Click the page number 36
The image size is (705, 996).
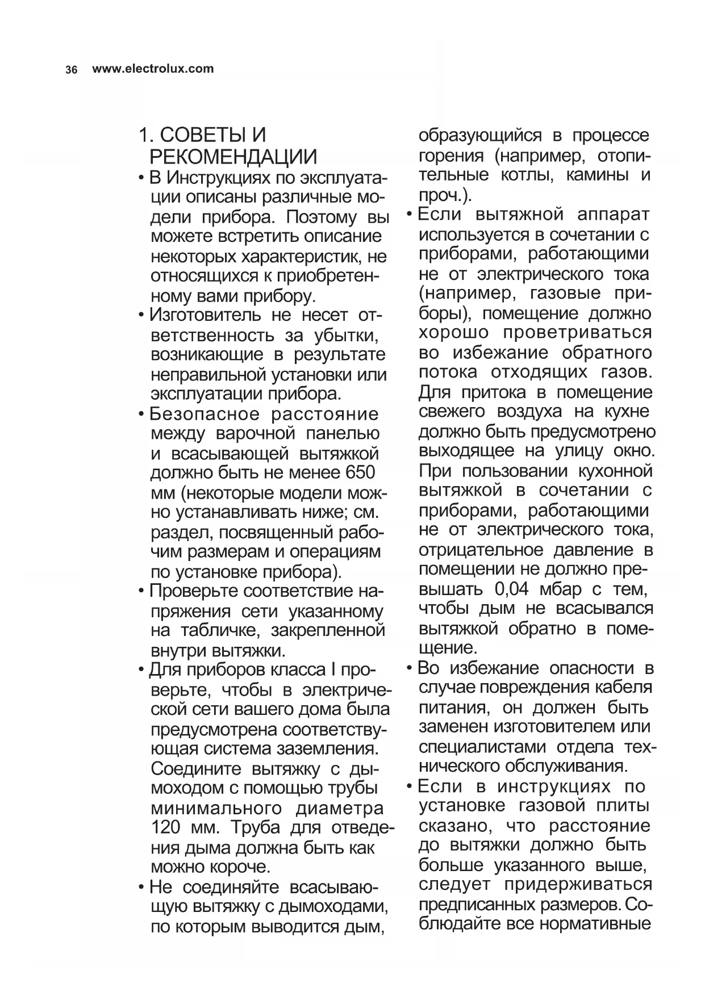(x=71, y=70)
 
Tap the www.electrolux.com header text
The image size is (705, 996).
(x=153, y=69)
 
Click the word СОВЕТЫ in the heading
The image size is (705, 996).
(x=203, y=136)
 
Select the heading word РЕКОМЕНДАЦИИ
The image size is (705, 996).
(x=233, y=157)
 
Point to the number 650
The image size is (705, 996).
(x=360, y=472)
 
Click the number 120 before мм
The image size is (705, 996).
(x=166, y=827)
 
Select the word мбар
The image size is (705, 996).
(x=559, y=589)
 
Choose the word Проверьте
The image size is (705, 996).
(x=194, y=591)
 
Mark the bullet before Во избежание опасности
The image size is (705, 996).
(x=410, y=668)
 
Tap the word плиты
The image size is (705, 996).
(x=623, y=806)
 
